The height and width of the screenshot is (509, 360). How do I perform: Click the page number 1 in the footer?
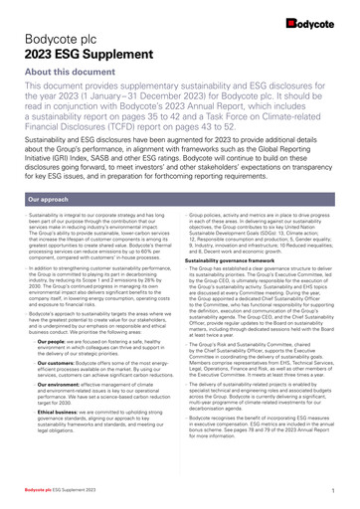[329, 491]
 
